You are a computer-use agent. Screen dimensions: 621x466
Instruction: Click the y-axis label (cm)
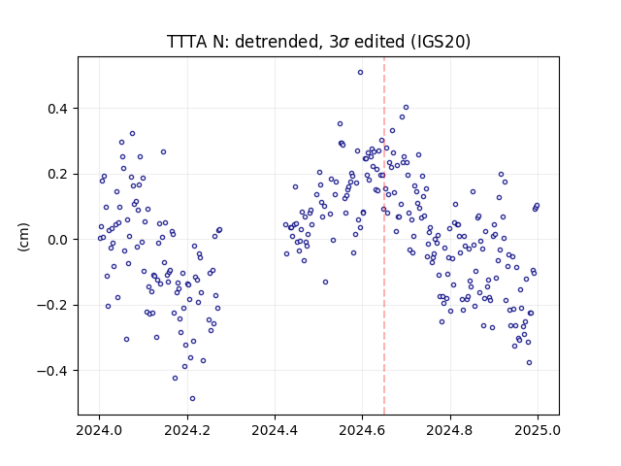23,237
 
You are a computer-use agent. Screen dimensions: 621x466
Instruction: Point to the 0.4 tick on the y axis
59,109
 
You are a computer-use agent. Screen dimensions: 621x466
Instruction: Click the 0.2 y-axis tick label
59,175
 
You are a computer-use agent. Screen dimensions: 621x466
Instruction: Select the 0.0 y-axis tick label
59,240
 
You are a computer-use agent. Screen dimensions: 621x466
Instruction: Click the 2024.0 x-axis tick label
99,430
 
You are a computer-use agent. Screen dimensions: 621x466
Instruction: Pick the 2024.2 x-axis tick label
187,430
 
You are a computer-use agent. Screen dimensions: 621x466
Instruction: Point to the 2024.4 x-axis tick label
275,430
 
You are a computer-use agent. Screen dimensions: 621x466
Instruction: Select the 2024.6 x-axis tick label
362,430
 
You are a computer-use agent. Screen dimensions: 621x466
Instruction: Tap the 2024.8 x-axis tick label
450,430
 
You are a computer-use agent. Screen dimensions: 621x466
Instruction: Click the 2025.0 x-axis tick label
538,430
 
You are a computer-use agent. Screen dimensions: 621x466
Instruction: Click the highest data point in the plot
360,73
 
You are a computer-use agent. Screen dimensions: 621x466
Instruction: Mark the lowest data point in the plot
192,399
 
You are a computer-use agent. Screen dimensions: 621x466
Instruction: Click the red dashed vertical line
384,236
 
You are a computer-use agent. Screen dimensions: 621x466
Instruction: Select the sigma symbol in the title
344,43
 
